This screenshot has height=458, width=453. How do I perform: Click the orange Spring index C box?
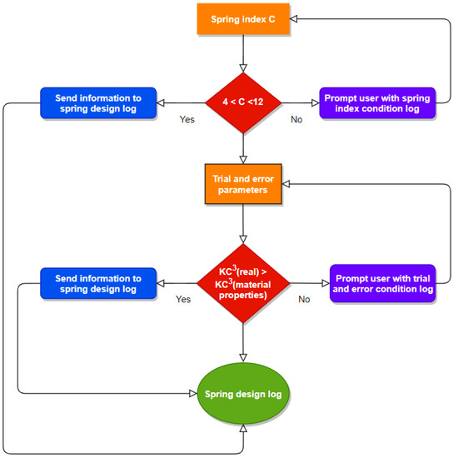coord(243,19)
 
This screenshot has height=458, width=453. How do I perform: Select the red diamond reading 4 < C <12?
coord(243,102)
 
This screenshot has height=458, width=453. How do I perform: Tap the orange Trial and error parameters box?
coord(243,184)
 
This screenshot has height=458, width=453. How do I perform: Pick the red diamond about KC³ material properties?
coord(243,283)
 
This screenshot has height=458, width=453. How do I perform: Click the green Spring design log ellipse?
coord(243,393)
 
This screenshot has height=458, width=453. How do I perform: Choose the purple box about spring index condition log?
coord(377,102)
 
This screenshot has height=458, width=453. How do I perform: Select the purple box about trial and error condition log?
coord(382,283)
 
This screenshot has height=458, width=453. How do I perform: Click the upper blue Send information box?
coord(98,102)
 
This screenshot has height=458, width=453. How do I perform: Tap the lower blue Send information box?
coord(98,283)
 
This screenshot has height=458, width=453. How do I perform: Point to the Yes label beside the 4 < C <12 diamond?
coord(187,119)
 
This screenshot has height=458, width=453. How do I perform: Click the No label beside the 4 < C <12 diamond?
coord(296,119)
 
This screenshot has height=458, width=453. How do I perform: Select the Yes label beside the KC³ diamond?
coord(183,299)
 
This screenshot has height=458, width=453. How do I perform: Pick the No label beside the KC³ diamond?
coord(304,299)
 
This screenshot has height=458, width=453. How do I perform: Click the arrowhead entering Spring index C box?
coord(293,19)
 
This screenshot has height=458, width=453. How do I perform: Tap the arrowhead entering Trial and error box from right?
coord(286,184)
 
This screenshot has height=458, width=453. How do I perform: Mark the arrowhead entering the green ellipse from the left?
coord(193,393)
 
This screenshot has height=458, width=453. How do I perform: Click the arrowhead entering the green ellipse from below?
coord(243,428)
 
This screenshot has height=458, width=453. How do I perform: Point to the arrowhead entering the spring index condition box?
coord(316,102)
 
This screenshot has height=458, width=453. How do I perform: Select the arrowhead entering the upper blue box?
coord(161,102)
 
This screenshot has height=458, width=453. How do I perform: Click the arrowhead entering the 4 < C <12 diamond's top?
coord(243,68)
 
